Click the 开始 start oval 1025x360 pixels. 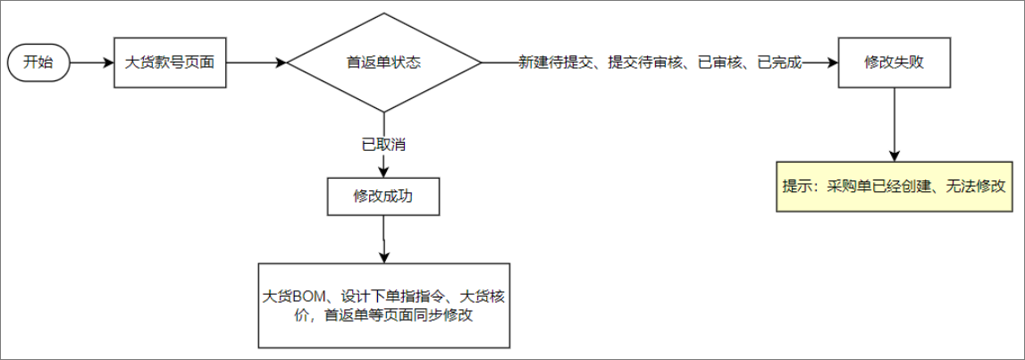coord(38,63)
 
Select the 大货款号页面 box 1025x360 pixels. coord(170,63)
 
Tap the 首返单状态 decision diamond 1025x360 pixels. coord(383,63)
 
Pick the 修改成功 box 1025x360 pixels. coord(383,197)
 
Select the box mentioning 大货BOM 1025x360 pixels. coord(383,306)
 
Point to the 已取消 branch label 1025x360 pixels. coord(383,143)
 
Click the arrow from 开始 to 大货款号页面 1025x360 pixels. coord(91,63)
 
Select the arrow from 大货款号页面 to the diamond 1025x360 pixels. coord(256,63)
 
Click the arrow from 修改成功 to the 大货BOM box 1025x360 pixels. coord(383,239)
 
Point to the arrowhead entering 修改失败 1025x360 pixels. coord(833,63)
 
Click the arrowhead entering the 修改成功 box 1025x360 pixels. coord(383,172)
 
